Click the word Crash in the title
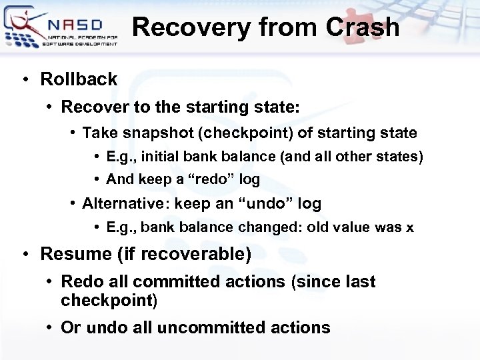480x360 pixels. pyautogui.click(x=363, y=28)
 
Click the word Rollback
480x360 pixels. pyautogui.click(x=79, y=79)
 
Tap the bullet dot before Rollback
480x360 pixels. pyautogui.click(x=25, y=79)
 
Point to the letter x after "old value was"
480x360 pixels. pyautogui.click(x=409, y=227)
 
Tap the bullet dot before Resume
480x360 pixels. pyautogui.click(x=25, y=255)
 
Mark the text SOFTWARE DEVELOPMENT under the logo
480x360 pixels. pyautogui.click(x=79, y=43)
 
